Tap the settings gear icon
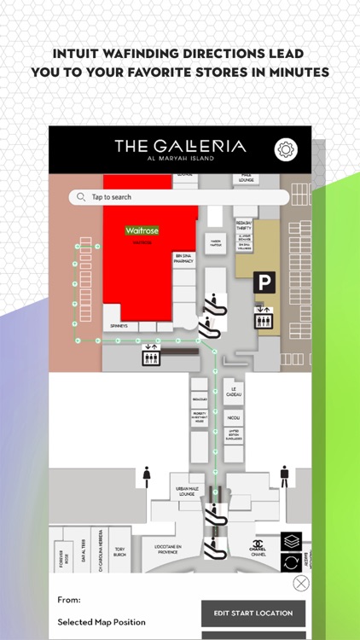286,149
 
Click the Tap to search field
179,197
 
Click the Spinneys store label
119,326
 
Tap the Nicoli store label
233,418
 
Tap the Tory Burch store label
119,551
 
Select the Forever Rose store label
61,558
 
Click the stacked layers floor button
292,542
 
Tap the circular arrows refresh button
292,563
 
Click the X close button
300,584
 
